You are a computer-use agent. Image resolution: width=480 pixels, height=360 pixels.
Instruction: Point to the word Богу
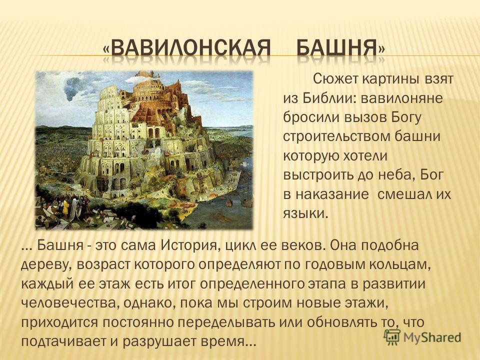pos(406,118)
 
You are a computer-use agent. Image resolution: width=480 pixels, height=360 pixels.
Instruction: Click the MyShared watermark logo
pos(422,337)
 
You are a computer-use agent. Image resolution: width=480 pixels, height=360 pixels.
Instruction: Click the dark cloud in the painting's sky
pos(74,87)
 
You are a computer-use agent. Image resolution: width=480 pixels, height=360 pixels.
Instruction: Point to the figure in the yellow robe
pos(65,208)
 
